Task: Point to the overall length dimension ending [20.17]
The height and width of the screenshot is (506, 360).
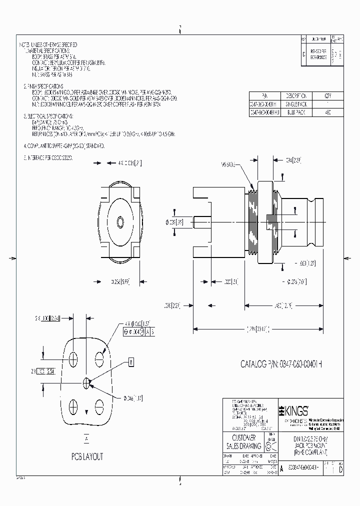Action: (257, 328)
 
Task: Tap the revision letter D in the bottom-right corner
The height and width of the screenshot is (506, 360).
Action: (341, 471)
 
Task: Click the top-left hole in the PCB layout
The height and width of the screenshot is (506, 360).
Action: (74, 358)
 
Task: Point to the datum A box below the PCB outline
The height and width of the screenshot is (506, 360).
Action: (87, 438)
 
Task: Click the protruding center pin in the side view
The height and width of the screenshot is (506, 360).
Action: (201, 220)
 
